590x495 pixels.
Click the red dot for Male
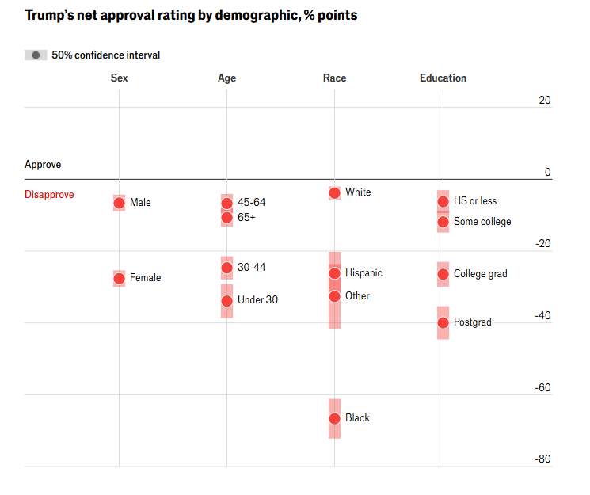tap(119, 203)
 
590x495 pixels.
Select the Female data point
tap(119, 278)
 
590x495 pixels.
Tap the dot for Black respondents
tap(334, 418)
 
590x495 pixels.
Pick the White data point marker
tap(334, 192)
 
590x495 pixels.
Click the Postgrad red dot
tap(443, 322)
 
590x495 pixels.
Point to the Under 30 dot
tap(226, 300)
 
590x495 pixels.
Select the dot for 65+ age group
tap(226, 217)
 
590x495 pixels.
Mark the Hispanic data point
tap(334, 273)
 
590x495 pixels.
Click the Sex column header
tap(119, 78)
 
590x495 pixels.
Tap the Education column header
tap(443, 78)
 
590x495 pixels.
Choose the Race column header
tap(334, 78)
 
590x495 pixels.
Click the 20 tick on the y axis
tap(544, 100)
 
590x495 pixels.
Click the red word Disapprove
tap(49, 195)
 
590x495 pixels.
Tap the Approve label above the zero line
tap(43, 165)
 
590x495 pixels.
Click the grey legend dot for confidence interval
tap(36, 55)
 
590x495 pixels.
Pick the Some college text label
tap(482, 222)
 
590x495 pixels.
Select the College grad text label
tap(481, 274)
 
